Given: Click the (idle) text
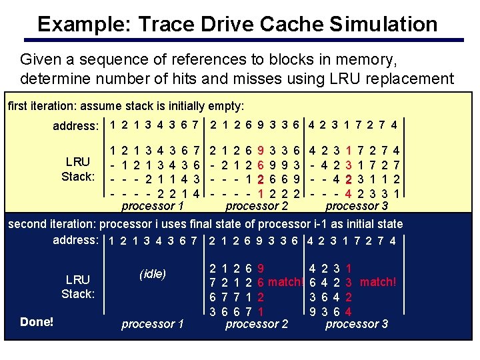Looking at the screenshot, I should tap(153, 274).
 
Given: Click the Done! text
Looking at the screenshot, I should tap(37, 322).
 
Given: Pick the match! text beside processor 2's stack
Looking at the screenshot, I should tap(286, 282).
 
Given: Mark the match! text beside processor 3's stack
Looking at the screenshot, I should tap(377, 282).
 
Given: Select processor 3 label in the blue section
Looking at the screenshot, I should tap(357, 324).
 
